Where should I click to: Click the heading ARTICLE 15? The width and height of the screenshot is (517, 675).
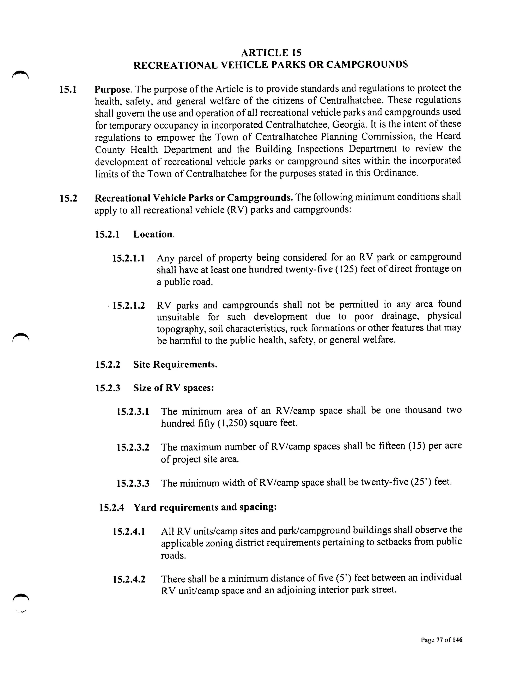[x=271, y=53]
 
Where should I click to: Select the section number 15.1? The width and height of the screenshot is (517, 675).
[x=68, y=90]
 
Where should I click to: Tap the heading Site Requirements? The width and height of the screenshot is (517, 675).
[x=175, y=364]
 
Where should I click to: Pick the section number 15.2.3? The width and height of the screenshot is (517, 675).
[x=108, y=388]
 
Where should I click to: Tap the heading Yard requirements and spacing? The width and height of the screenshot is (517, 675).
[x=205, y=507]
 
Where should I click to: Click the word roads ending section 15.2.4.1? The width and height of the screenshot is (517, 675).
[x=173, y=556]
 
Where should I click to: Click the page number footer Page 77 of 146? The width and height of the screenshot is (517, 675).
[x=442, y=640]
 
